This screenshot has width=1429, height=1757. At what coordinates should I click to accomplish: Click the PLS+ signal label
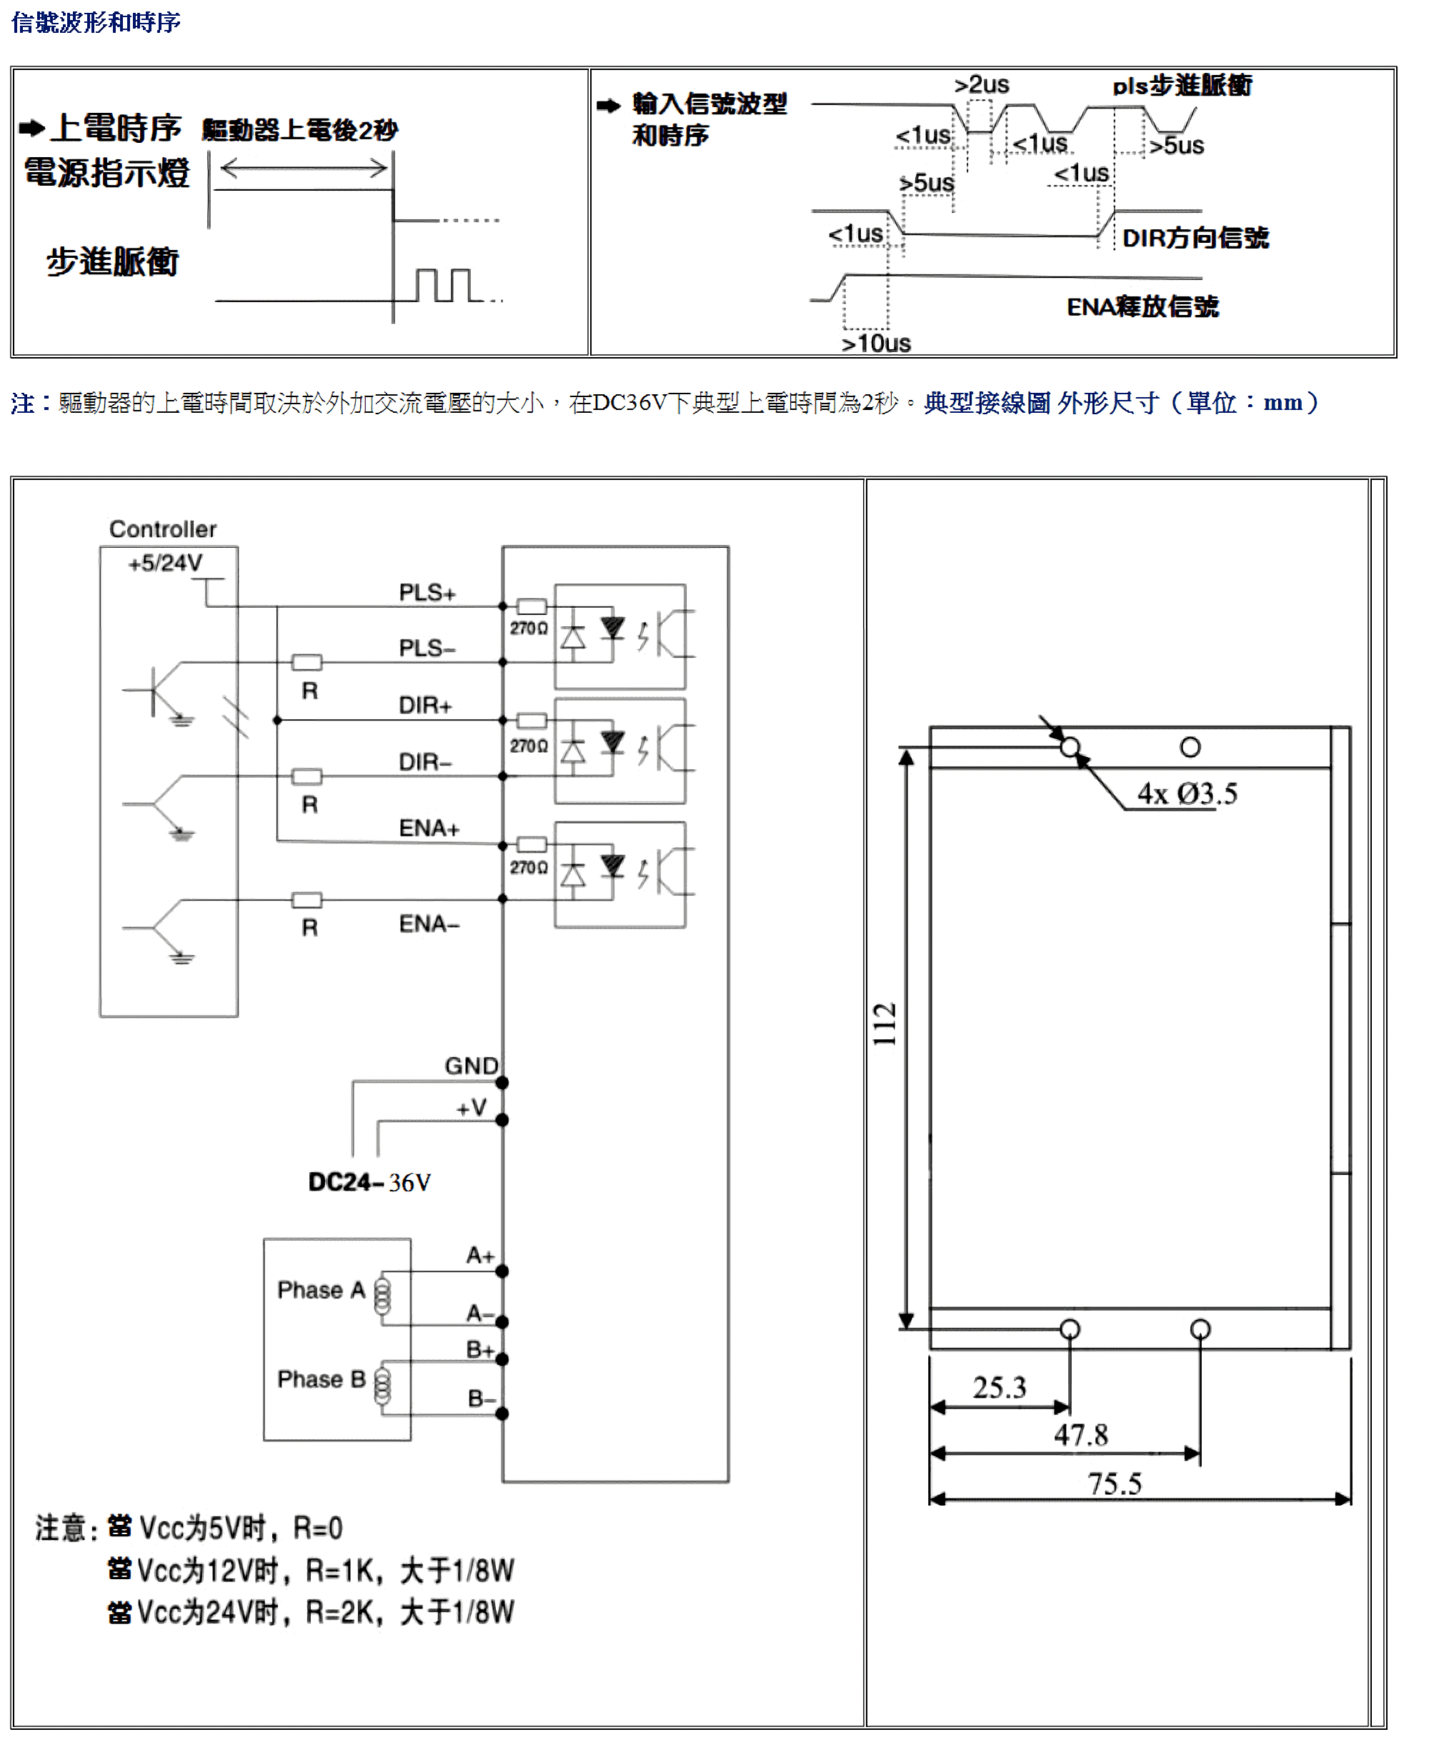(x=427, y=593)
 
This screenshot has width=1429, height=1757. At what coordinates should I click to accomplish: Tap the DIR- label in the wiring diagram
(x=424, y=762)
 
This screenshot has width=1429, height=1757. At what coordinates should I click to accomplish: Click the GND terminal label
(x=472, y=1066)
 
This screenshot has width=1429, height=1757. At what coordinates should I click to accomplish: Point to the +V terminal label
(x=472, y=1108)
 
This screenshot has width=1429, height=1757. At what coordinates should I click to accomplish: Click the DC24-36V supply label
(x=369, y=1183)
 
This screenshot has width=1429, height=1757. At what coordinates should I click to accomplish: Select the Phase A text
(x=321, y=1290)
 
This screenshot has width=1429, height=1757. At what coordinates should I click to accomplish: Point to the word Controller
(x=163, y=529)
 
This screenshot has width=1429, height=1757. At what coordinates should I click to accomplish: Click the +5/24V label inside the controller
(x=166, y=563)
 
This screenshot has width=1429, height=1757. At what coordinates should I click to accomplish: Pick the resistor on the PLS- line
(x=307, y=663)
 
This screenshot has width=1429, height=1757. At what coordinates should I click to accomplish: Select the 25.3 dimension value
(x=1000, y=1388)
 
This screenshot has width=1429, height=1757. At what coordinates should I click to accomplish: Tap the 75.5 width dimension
(x=1115, y=1483)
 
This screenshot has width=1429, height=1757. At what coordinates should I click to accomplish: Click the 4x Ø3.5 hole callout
(x=1187, y=794)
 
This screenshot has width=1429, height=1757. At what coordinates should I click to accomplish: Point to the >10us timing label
(x=876, y=343)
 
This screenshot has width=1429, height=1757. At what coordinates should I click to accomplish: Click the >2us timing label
(x=981, y=85)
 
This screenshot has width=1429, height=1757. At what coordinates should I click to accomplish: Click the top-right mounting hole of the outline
(x=1190, y=747)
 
